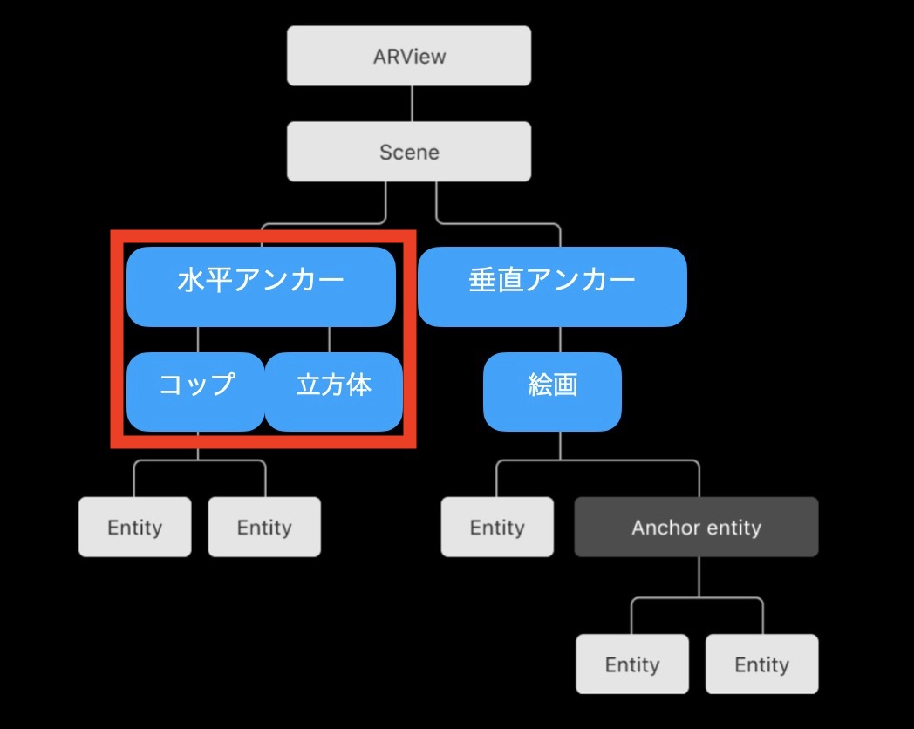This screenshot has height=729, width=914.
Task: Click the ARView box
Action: (x=409, y=56)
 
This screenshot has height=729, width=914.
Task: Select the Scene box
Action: (x=409, y=152)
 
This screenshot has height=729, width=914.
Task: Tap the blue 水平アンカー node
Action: (x=261, y=287)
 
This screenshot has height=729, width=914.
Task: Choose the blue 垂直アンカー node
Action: (x=552, y=287)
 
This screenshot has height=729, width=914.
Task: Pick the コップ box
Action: (x=195, y=392)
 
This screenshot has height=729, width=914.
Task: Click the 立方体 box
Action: (x=333, y=392)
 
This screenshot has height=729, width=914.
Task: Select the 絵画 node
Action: (x=552, y=392)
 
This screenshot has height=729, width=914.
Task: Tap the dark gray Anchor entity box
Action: (x=696, y=527)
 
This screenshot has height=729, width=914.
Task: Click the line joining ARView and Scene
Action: (x=413, y=104)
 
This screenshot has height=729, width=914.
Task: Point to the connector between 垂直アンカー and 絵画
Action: (x=560, y=339)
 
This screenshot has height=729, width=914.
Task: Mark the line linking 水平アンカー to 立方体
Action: (x=330, y=339)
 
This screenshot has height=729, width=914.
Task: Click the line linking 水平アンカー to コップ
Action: (x=198, y=339)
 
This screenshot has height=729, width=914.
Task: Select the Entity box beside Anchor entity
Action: (x=497, y=527)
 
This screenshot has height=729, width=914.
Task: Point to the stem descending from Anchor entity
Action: (x=699, y=577)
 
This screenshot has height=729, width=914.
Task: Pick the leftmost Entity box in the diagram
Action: (x=134, y=527)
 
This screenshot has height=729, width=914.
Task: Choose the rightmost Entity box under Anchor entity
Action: (x=762, y=664)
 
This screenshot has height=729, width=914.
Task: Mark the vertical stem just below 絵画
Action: (x=560, y=446)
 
